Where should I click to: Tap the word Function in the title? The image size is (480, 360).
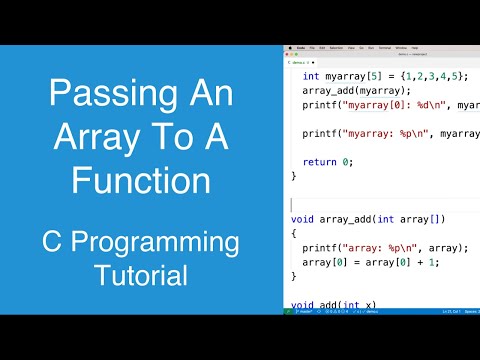(x=141, y=181)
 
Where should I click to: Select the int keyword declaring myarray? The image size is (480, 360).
(x=310, y=76)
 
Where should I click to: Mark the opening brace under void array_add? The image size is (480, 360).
(x=294, y=233)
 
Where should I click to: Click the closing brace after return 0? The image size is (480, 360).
(x=294, y=175)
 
